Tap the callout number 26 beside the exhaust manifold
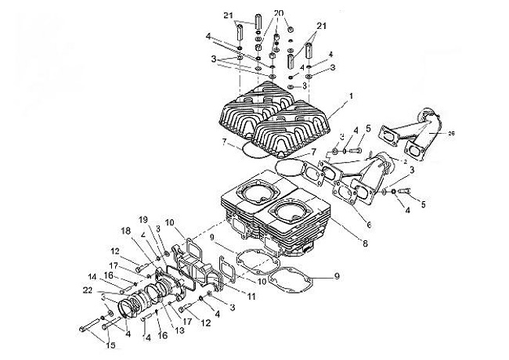click(x=452, y=134)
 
